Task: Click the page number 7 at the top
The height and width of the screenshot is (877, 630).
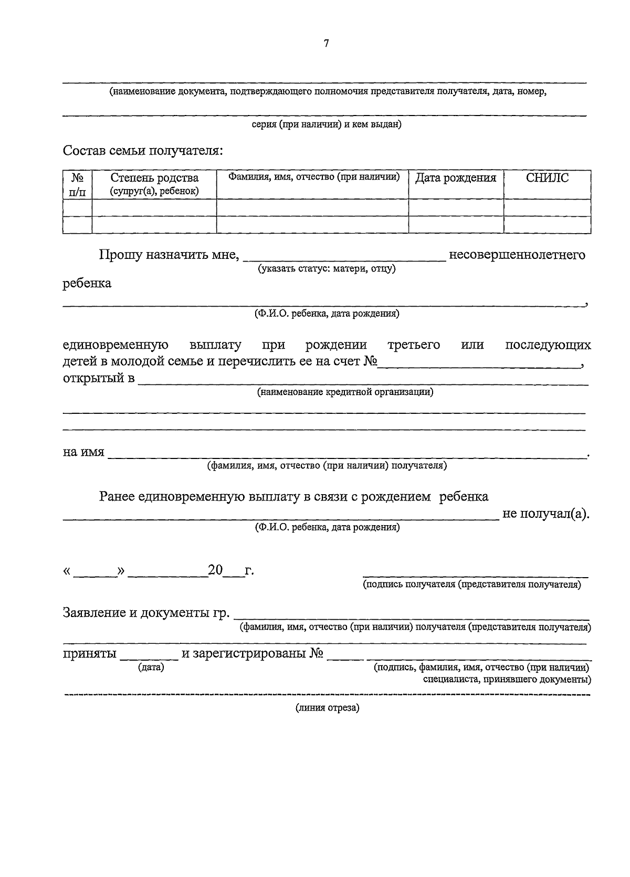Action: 326,44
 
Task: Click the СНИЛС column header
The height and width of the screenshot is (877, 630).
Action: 547,178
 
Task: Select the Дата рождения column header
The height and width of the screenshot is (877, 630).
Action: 456,178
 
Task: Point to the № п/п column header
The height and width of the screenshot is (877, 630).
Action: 77,184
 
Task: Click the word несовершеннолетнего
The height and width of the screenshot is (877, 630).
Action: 517,255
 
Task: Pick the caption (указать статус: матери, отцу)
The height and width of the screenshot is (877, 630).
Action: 326,269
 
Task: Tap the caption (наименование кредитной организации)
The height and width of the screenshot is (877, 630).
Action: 345,392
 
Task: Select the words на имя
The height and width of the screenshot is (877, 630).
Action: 83,452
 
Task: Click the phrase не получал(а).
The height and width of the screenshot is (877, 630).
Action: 546,514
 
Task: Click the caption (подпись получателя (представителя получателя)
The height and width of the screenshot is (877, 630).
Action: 472,584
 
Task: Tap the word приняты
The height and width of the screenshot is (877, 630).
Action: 89,654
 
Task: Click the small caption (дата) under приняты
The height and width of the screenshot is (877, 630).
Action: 151,667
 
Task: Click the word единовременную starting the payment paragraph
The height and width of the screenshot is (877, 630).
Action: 115,345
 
